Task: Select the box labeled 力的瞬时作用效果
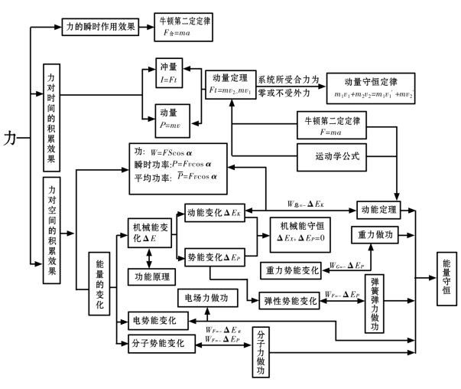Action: coord(99,27)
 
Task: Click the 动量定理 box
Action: coord(229,85)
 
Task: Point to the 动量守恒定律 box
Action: coord(370,87)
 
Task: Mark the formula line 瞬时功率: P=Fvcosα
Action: coord(176,162)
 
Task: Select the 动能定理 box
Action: coord(378,208)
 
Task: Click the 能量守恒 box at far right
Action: coord(446,270)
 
